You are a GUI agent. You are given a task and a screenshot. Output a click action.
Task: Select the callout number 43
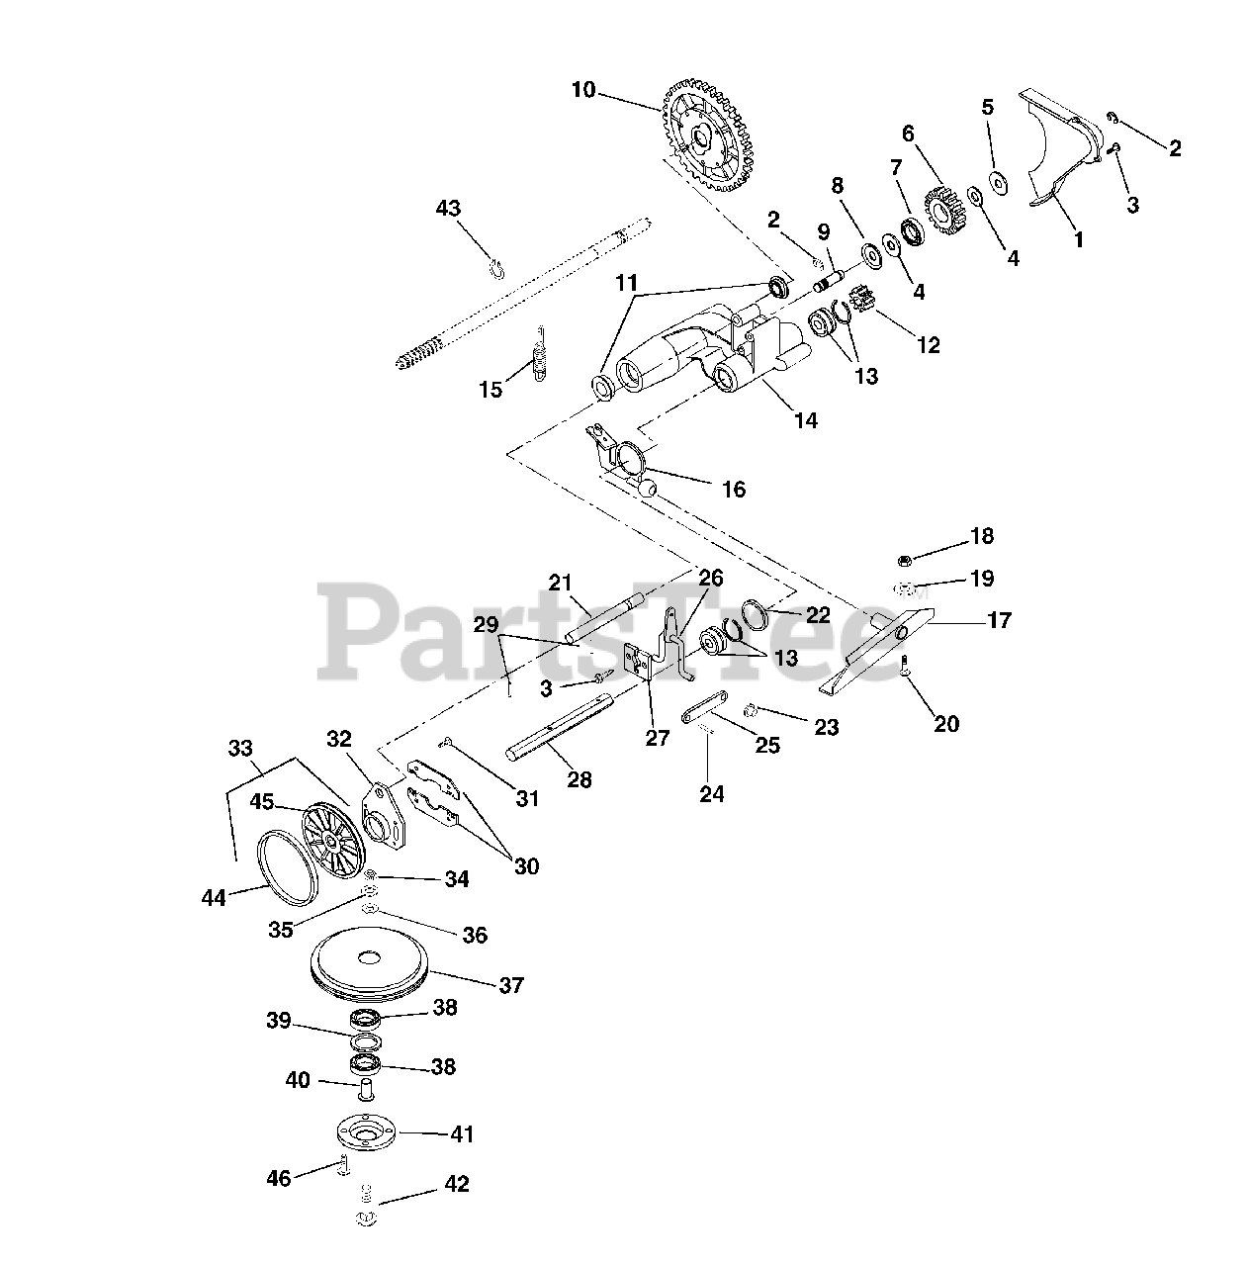[449, 209]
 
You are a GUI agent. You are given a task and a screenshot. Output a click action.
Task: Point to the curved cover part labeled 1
[1063, 149]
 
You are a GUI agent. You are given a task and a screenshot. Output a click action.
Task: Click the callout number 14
[806, 420]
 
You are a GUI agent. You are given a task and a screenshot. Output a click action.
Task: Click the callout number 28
[579, 780]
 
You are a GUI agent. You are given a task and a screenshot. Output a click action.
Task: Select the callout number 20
[946, 724]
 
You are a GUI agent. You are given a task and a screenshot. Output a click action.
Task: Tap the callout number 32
[339, 739]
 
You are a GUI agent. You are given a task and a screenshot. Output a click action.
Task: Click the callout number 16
[734, 490]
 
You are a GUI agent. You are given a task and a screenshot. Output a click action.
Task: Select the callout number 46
[280, 1178]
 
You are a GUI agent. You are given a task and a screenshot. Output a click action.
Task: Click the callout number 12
[928, 345]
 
